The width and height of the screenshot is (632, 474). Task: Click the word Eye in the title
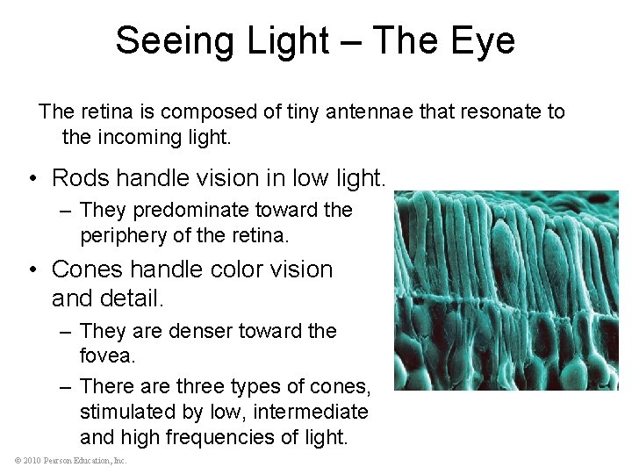pos(485,40)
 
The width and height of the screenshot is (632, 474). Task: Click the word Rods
pos(80,178)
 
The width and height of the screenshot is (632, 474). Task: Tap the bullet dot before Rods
pos(32,179)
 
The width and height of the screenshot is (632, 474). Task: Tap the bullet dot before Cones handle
pos(32,269)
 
